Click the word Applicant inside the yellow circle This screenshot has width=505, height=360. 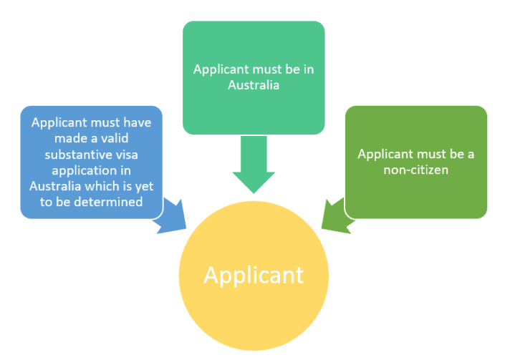coord(253,275)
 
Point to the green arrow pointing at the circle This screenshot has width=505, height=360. coord(335,215)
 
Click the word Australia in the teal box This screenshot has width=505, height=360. coord(253,84)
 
